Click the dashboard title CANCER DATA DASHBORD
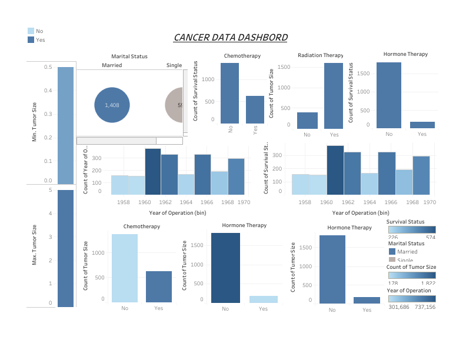click(230, 38)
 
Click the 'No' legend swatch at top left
click(31, 31)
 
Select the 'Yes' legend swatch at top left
click(31, 39)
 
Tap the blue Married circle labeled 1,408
click(111, 105)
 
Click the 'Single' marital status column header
click(174, 65)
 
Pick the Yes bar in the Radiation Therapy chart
click(333, 96)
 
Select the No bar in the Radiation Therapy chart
click(307, 120)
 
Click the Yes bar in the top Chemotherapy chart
click(255, 109)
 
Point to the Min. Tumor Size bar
click(65, 125)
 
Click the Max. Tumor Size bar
click(65, 248)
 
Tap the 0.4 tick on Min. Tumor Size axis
click(48, 91)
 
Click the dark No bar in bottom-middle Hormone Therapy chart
click(226, 268)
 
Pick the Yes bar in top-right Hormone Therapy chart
click(422, 125)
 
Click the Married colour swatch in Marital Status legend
click(392, 251)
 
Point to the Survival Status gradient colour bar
click(411, 230)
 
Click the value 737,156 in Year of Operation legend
click(424, 306)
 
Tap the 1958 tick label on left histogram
click(124, 202)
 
